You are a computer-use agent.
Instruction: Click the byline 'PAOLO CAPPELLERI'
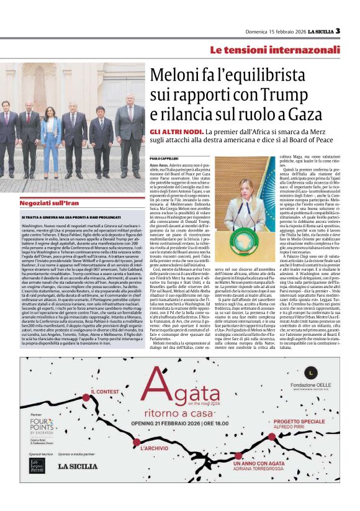click(x=164, y=160)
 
